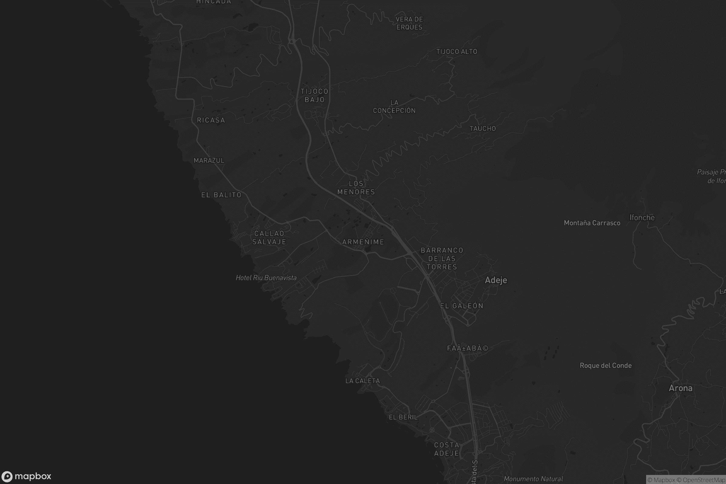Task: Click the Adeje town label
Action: pyautogui.click(x=496, y=280)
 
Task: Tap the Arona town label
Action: pyautogui.click(x=680, y=388)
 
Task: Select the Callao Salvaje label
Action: pyautogui.click(x=269, y=238)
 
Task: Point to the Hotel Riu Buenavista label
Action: pyautogui.click(x=266, y=278)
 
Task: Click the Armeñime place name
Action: pyautogui.click(x=363, y=242)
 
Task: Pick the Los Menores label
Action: pyautogui.click(x=356, y=188)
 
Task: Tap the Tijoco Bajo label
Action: pyautogui.click(x=315, y=95)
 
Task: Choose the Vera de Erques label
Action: pyautogui.click(x=409, y=23)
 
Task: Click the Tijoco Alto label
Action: pyautogui.click(x=456, y=51)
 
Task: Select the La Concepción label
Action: pyautogui.click(x=394, y=106)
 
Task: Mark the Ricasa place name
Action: pyautogui.click(x=211, y=120)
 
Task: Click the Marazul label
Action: pyautogui.click(x=209, y=161)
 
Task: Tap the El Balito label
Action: pyautogui.click(x=221, y=195)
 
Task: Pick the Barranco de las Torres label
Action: pyautogui.click(x=442, y=258)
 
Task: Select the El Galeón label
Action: pyautogui.click(x=462, y=306)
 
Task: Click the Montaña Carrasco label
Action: pyautogui.click(x=592, y=223)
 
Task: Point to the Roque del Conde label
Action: pyautogui.click(x=606, y=365)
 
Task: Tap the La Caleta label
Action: pyautogui.click(x=363, y=381)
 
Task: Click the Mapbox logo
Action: pyautogui.click(x=26, y=476)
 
